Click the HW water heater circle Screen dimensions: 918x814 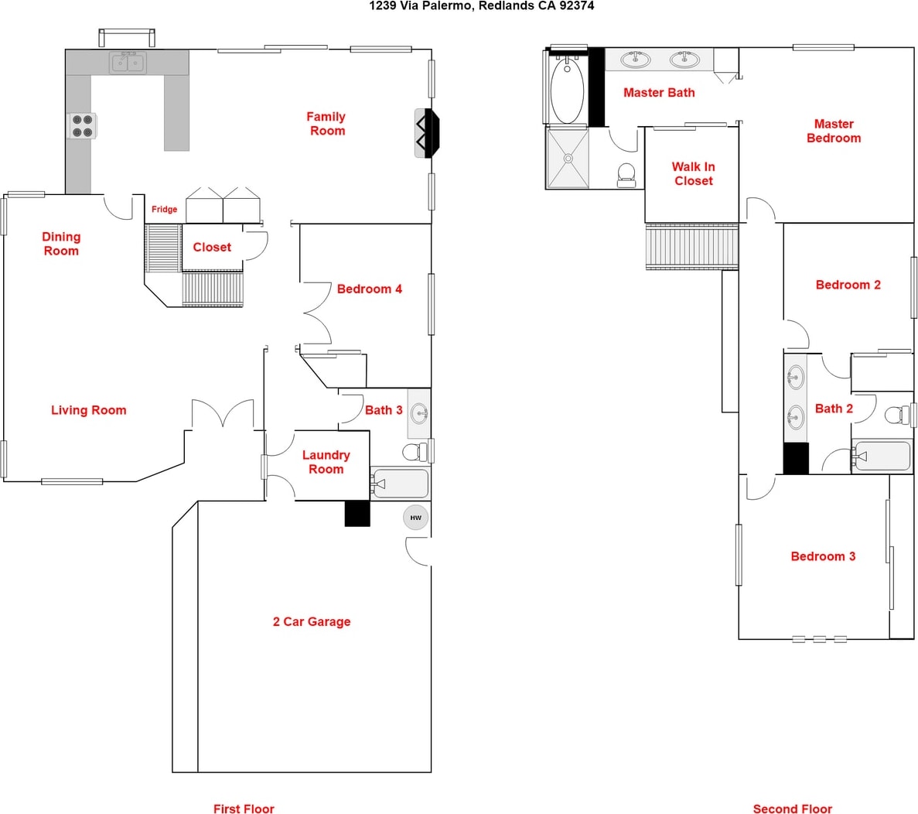(415, 518)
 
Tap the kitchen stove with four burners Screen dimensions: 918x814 (83, 126)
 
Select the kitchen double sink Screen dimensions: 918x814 (128, 62)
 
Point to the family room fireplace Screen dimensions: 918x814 (427, 133)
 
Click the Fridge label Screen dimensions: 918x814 (165, 209)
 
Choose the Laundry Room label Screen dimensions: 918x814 (326, 462)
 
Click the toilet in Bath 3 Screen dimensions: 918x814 (415, 452)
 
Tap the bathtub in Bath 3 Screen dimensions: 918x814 (401, 484)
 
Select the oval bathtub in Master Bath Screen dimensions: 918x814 (567, 90)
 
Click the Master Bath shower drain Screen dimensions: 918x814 (568, 158)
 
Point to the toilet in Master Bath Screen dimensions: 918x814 (626, 175)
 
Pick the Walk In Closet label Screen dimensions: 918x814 (693, 174)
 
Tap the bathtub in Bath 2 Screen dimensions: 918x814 (882, 456)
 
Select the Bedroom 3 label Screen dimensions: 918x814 (823, 556)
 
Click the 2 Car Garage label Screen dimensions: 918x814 (312, 622)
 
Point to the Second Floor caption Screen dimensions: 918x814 (792, 809)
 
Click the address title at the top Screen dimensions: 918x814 (481, 6)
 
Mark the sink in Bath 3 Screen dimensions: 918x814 (419, 414)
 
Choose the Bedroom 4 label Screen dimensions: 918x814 (370, 289)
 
